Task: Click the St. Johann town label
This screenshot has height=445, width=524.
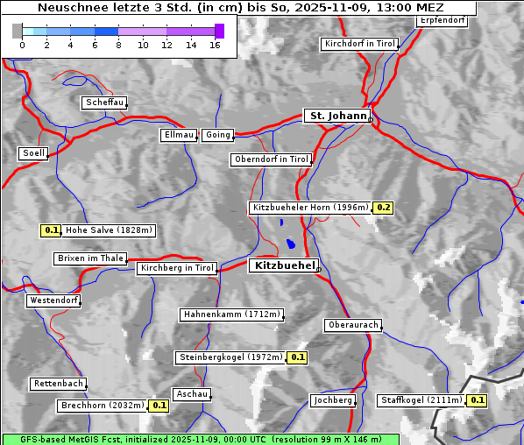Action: pyautogui.click(x=336, y=116)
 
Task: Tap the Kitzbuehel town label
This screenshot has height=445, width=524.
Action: pyautogui.click(x=283, y=265)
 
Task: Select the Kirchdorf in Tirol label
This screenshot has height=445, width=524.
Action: pyautogui.click(x=359, y=43)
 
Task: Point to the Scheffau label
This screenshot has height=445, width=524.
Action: pyautogui.click(x=104, y=102)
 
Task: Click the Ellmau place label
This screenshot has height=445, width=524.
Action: pyautogui.click(x=179, y=135)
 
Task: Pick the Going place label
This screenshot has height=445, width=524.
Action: pyautogui.click(x=217, y=135)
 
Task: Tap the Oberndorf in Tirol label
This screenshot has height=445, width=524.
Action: pyautogui.click(x=271, y=159)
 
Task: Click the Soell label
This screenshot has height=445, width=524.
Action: pyautogui.click(x=33, y=153)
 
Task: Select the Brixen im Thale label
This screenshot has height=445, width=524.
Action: pyautogui.click(x=90, y=258)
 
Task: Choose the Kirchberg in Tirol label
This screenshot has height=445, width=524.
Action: pyautogui.click(x=177, y=268)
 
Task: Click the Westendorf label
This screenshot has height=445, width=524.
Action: pyautogui.click(x=53, y=300)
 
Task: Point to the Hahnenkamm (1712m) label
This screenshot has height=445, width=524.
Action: pyautogui.click(x=231, y=314)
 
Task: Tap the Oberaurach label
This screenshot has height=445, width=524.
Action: pyautogui.click(x=352, y=325)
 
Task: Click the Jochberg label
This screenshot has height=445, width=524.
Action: pyautogui.click(x=333, y=400)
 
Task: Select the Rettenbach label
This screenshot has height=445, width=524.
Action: pyautogui.click(x=59, y=384)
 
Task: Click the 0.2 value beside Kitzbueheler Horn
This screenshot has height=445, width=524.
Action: pyautogui.click(x=383, y=208)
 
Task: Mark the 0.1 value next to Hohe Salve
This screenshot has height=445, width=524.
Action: pyautogui.click(x=51, y=231)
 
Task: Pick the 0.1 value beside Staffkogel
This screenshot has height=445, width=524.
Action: pyautogui.click(x=476, y=400)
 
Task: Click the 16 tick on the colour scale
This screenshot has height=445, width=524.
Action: pyautogui.click(x=215, y=46)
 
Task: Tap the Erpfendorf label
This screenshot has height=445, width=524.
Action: pyautogui.click(x=442, y=20)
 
